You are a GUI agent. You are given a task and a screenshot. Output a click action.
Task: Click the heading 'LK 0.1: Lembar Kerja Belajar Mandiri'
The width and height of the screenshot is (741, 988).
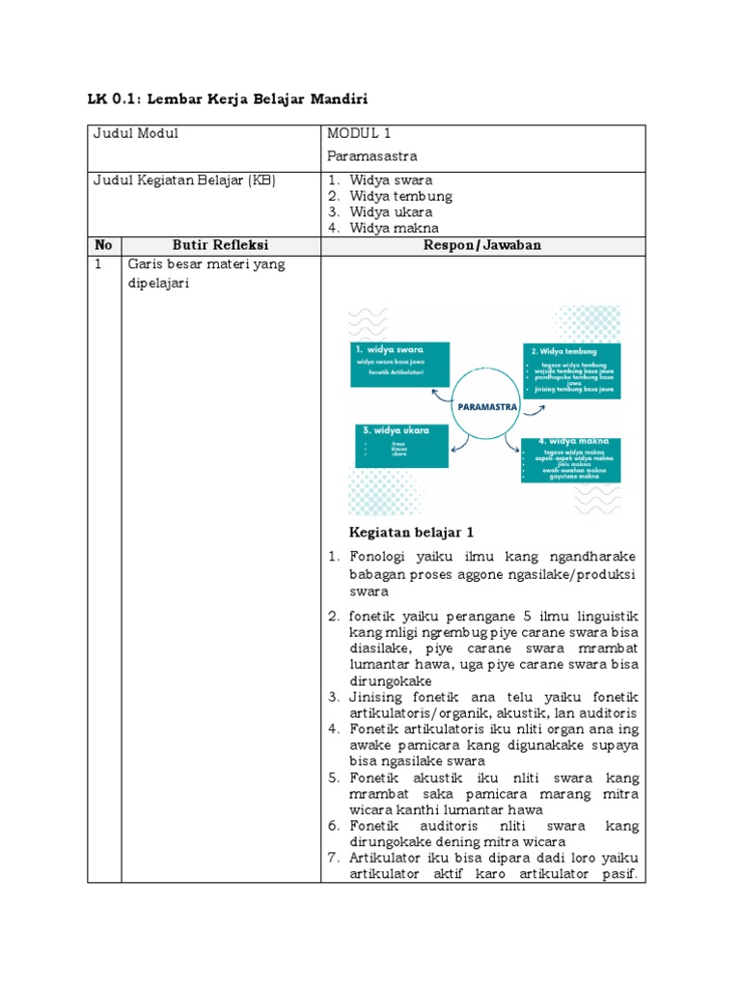click(x=229, y=98)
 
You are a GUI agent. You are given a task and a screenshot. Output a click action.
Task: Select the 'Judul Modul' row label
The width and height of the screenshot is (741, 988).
click(x=135, y=134)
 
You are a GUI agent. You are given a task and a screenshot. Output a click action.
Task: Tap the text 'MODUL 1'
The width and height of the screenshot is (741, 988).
click(x=359, y=134)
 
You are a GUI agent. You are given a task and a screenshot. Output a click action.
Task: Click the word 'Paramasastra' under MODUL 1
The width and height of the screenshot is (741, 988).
click(x=371, y=154)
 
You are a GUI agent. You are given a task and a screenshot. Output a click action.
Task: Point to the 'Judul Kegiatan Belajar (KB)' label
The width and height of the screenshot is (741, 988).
click(x=184, y=180)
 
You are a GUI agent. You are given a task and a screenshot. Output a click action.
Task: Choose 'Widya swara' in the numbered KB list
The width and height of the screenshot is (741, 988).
click(x=391, y=180)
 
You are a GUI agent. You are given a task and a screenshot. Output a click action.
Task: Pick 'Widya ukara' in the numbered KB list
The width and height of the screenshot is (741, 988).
click(x=391, y=212)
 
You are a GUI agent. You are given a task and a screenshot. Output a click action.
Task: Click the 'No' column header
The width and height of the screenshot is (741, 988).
click(x=104, y=245)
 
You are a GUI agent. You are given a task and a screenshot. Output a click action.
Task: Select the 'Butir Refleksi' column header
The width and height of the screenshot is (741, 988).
click(x=220, y=245)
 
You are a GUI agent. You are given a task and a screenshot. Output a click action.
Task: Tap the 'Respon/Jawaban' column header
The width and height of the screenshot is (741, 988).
click(x=482, y=245)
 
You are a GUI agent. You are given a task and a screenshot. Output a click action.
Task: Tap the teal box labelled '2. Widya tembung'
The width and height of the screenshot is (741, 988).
click(x=571, y=370)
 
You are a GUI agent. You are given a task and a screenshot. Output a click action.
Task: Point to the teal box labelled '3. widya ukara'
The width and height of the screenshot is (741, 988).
click(x=396, y=446)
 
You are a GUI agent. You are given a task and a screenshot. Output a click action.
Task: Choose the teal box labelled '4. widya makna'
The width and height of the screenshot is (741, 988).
click(x=570, y=459)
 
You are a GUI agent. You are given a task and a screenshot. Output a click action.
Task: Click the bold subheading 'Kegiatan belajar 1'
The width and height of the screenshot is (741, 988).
click(x=411, y=533)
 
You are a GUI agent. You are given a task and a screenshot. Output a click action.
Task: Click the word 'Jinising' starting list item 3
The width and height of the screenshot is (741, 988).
click(x=379, y=697)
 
